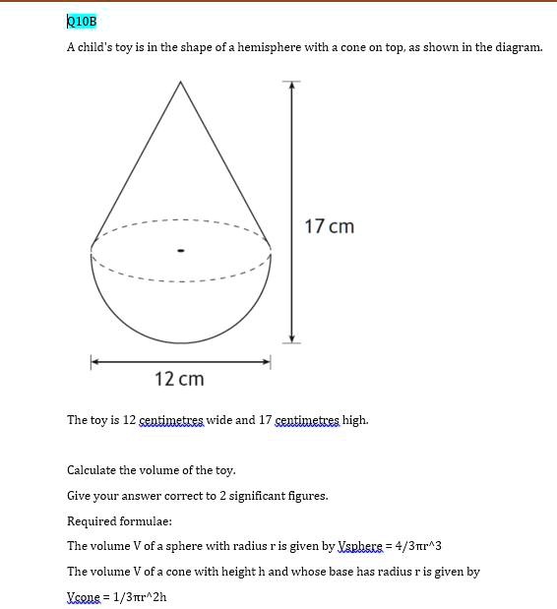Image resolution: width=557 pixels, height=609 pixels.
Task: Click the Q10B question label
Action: point(82,21)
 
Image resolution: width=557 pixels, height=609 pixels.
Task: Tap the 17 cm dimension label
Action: point(329,226)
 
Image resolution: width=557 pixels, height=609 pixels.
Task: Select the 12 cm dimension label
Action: point(179,379)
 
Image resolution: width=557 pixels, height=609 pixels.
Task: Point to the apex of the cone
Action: point(180,82)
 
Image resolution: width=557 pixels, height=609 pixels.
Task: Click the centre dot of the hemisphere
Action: point(180,250)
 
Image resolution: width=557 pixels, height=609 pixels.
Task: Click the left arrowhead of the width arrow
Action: point(95,362)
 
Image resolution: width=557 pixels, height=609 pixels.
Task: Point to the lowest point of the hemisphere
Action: point(180,342)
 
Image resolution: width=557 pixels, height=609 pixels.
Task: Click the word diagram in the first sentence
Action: point(517,47)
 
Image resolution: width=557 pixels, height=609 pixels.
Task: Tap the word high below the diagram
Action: point(354,420)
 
